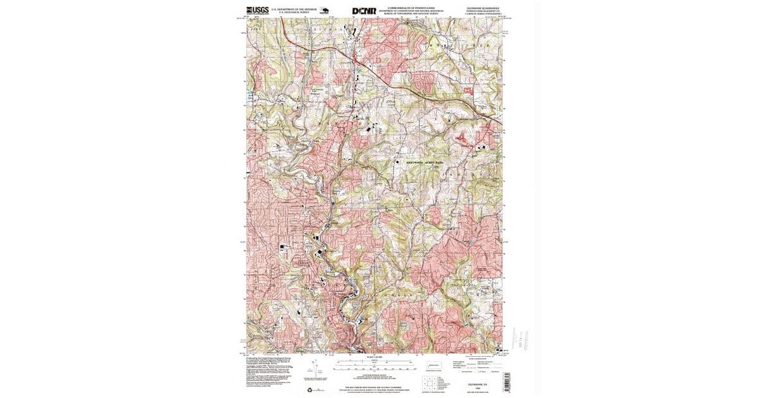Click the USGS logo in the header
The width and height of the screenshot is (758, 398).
256,9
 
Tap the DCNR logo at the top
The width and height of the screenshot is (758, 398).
364,10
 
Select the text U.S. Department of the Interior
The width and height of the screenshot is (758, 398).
293,9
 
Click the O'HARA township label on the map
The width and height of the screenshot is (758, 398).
404,295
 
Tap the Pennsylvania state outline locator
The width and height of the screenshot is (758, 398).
434,366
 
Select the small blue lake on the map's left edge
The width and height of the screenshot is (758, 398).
249,95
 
